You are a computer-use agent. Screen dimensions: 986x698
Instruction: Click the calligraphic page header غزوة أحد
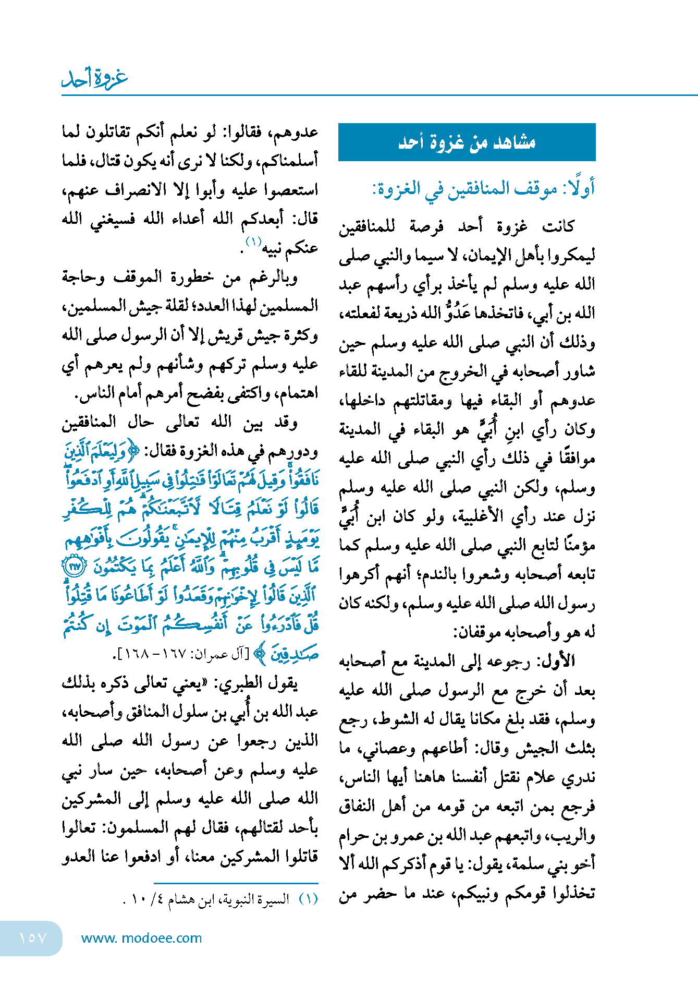[x=94, y=78]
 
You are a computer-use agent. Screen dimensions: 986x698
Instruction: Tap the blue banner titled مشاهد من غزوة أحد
[x=467, y=142]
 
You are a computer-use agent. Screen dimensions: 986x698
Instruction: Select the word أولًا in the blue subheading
[x=579, y=188]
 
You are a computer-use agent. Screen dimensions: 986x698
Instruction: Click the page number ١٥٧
[x=32, y=938]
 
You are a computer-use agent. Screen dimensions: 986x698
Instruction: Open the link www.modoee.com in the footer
[x=141, y=938]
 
